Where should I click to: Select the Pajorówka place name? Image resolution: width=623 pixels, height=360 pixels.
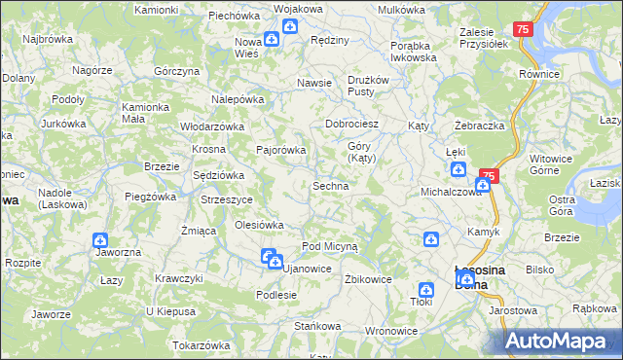coord(280,150)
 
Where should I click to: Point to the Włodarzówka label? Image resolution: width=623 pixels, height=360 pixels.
coord(211,126)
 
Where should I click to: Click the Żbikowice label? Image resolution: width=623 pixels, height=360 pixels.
coord(368,278)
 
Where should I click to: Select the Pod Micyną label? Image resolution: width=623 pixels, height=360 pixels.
coord(330,247)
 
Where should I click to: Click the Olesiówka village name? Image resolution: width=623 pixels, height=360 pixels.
coord(259,225)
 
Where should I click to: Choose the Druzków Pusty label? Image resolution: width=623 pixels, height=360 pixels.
coord(369,86)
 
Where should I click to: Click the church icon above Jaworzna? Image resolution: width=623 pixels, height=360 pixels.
coord(100,239)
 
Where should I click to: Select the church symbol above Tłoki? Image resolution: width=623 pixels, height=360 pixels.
coord(425,289)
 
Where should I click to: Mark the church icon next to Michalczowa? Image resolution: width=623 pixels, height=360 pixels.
coord(484,184)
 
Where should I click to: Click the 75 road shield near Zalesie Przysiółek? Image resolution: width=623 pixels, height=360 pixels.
coord(524,31)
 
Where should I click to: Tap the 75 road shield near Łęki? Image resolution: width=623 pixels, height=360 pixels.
coord(489,175)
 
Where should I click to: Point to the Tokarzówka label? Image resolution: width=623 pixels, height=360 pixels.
coord(201,345)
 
